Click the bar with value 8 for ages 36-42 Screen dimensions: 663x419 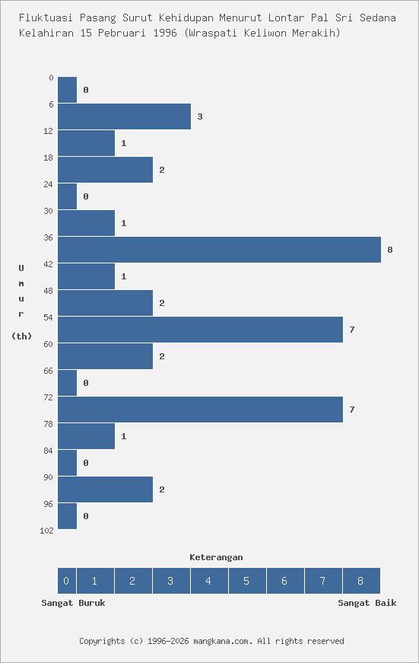[x=219, y=250]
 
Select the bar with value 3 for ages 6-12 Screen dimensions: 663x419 [x=124, y=116]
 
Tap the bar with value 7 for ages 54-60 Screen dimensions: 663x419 [x=200, y=330]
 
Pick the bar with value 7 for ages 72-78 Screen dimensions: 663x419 [x=200, y=410]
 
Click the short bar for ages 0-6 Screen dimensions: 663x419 [x=67, y=90]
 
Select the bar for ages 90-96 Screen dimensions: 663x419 [x=105, y=489]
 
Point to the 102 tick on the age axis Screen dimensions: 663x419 [x=46, y=531]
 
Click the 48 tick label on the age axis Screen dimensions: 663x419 [x=49, y=291]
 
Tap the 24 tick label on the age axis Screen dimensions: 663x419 [x=49, y=184]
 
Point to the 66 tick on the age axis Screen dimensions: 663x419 [x=49, y=371]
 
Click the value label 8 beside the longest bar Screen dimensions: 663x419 [x=390, y=250]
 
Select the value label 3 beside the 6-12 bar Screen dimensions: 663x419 [x=200, y=116]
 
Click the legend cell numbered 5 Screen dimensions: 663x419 [x=247, y=581]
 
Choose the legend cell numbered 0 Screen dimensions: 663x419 [x=66, y=581]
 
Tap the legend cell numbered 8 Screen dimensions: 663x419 [x=360, y=581]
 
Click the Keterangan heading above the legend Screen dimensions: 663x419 [x=216, y=557]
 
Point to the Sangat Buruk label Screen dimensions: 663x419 [x=73, y=603]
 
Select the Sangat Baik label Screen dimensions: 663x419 [x=367, y=603]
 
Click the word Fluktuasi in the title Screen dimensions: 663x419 [x=46, y=17]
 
